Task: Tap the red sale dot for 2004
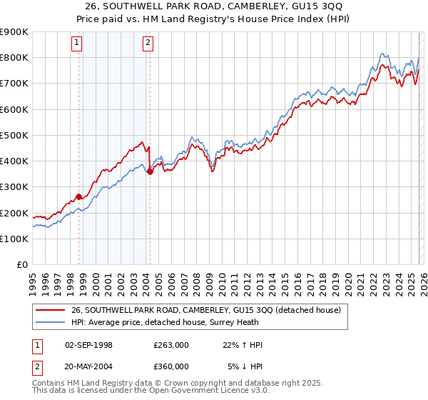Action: (x=150, y=171)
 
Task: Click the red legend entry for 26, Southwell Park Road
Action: (x=206, y=310)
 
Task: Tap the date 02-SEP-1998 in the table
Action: (x=90, y=345)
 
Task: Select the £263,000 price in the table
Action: (x=171, y=345)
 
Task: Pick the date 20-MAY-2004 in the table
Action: (x=90, y=366)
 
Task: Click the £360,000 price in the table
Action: (x=171, y=366)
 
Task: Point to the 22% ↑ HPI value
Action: (x=243, y=345)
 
